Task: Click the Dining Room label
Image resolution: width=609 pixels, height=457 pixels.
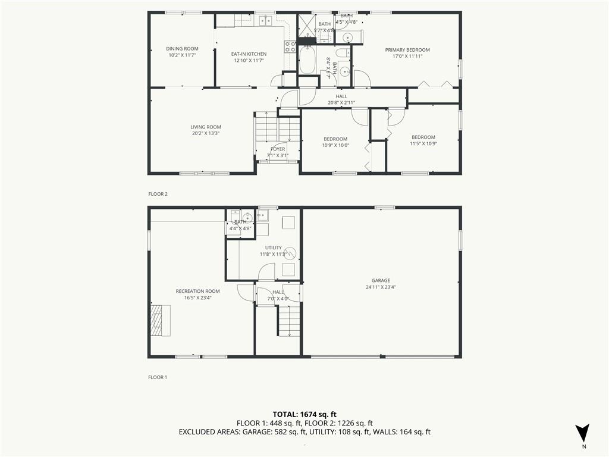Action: [182, 49]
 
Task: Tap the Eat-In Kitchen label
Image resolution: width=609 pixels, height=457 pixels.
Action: [249, 54]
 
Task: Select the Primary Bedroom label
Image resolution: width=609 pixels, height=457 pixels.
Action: [407, 50]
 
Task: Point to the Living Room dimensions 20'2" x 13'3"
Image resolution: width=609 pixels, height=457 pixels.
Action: [206, 133]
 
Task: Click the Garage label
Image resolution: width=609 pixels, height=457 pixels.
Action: [381, 281]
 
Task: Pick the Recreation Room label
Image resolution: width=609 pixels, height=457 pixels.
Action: [197, 291]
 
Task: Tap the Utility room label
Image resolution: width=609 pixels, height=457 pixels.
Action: [274, 248]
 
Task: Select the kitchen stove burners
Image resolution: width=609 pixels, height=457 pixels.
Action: [290, 47]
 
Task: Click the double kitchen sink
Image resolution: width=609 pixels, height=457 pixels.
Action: [265, 20]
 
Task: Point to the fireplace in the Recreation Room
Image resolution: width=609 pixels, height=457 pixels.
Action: [160, 320]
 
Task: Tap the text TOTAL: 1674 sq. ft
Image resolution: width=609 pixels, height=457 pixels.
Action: [304, 415]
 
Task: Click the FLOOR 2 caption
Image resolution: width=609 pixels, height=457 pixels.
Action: [158, 194]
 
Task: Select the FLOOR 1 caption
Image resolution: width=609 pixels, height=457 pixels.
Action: [158, 377]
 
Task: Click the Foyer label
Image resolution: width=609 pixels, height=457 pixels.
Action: [278, 149]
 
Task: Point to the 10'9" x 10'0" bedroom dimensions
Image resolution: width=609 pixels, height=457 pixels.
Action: [335, 146]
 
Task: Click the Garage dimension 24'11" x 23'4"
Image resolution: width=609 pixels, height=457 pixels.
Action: [381, 287]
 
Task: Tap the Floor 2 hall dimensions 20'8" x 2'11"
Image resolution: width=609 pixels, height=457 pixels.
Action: [341, 103]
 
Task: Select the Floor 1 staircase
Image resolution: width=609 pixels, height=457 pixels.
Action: [290, 321]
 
